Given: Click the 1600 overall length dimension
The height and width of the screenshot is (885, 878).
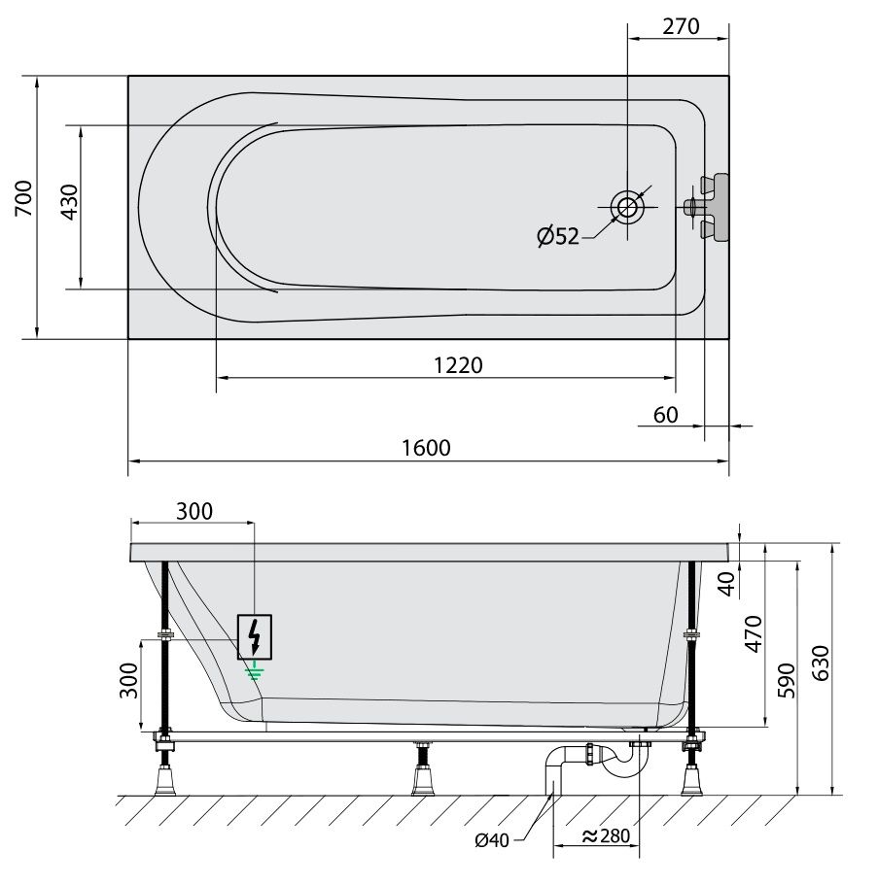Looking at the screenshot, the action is coord(426,448).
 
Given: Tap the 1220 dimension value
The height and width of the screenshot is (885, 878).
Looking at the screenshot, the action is coord(458,365).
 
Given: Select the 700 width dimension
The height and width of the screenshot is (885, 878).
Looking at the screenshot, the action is coord(23,199).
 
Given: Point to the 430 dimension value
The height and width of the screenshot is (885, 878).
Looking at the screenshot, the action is coord(69,202).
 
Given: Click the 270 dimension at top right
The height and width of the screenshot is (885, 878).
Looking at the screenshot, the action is coord(681,26).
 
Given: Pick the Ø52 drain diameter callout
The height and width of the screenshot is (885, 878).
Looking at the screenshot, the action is coord(558,236).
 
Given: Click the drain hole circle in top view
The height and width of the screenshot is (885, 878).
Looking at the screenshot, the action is coord(627,207).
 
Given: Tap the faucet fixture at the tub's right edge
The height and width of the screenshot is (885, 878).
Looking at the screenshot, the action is coord(707,207).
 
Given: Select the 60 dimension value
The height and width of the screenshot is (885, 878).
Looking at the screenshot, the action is coord(666,416).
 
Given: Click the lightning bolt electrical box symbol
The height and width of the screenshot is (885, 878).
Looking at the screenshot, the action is coord(254,636).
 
